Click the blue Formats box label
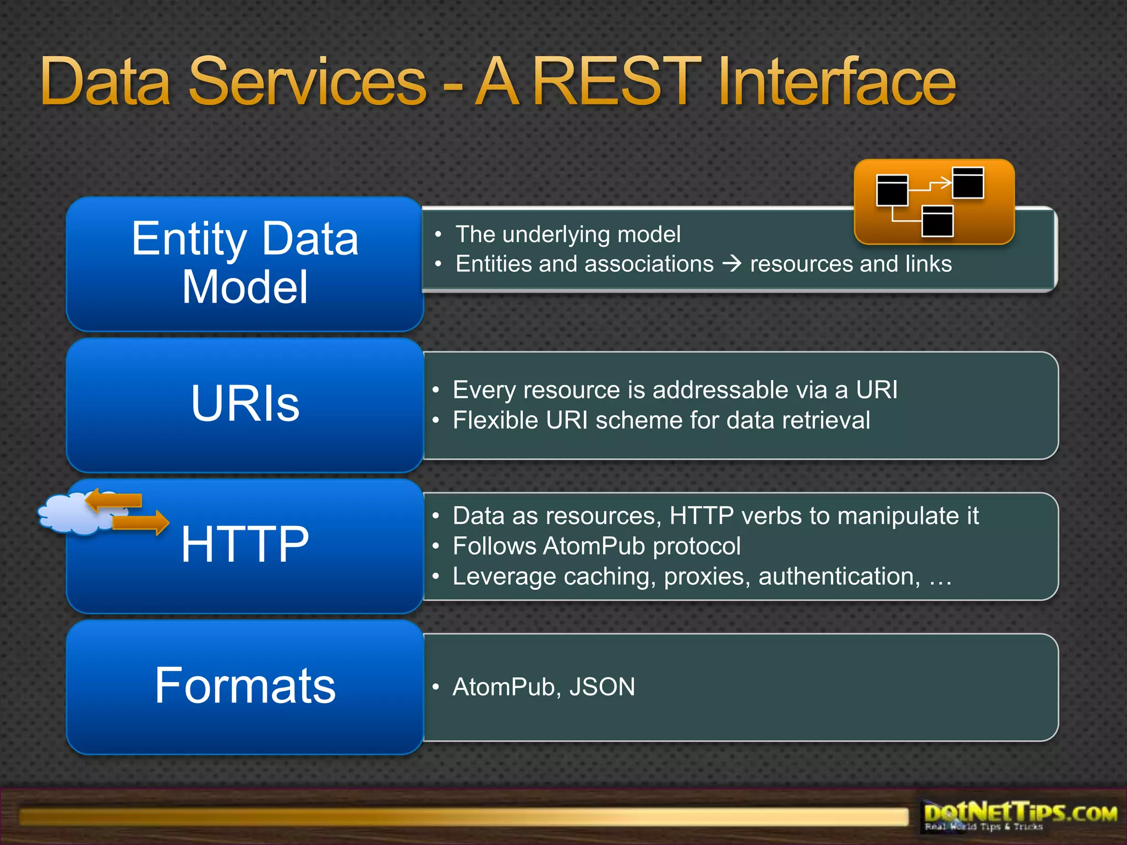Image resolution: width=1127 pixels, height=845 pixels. coord(245,685)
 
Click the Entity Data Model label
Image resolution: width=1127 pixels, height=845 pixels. coord(245,262)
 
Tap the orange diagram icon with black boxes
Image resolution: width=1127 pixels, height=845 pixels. coord(934,201)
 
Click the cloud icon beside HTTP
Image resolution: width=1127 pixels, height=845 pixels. coord(66,514)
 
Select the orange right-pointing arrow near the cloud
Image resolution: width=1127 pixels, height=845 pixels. coord(141,523)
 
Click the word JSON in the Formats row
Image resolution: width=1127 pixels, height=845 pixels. coord(602,687)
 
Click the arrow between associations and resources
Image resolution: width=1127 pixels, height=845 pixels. coord(732,264)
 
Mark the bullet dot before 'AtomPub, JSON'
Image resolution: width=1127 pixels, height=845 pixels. coord(436,687)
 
